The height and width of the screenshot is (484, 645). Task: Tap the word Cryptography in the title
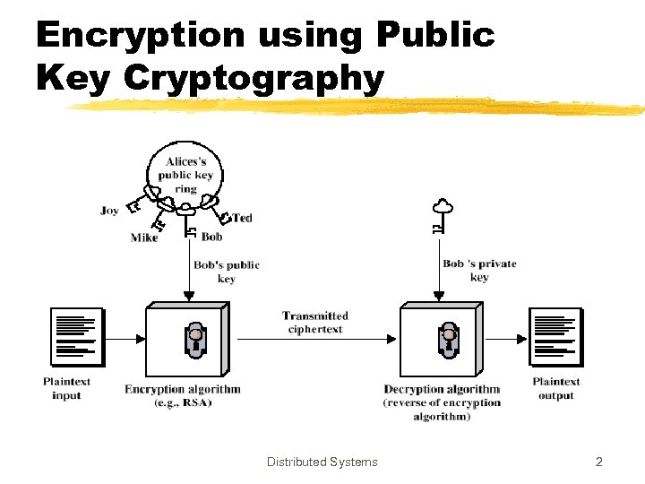[x=254, y=78]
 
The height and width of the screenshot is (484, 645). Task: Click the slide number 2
[x=599, y=462]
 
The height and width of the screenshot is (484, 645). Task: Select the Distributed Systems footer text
[x=322, y=462]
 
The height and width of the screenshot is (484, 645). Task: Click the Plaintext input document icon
[x=77, y=337]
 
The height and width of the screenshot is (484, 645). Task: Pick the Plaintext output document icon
[x=555, y=337]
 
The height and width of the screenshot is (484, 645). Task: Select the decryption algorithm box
[x=441, y=338]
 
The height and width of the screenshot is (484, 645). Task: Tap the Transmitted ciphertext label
[x=315, y=323]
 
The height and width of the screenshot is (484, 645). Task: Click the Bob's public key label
[x=227, y=272]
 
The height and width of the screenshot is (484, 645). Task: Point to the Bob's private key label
[x=479, y=270]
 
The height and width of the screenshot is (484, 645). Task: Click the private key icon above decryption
[x=439, y=215]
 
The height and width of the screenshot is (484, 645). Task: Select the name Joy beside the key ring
[x=109, y=211]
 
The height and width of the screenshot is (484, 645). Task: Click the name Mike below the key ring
[x=144, y=238]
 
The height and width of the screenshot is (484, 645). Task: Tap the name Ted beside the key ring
[x=242, y=218]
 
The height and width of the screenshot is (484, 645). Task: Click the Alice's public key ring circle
[x=186, y=174]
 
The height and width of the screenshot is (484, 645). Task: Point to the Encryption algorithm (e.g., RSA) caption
[x=183, y=396]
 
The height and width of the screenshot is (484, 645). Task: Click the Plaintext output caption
[x=556, y=388]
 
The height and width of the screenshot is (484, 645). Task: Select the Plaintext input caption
[x=66, y=388]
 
